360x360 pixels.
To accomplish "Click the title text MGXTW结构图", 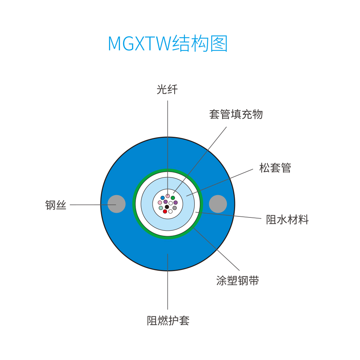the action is pyautogui.click(x=168, y=44).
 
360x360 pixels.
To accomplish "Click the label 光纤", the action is pyautogui.click(x=167, y=89).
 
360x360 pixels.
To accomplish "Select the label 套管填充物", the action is pyautogui.click(x=236, y=114).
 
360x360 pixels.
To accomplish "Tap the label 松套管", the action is pyautogui.click(x=275, y=168).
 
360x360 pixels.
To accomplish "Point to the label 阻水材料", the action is pyautogui.click(x=287, y=220).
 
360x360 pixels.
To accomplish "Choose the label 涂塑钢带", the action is pyautogui.click(x=238, y=280).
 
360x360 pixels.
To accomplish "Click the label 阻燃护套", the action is pyautogui.click(x=168, y=320).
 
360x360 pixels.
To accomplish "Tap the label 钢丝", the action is pyautogui.click(x=56, y=205).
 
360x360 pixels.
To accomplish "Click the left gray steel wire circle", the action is pyautogui.click(x=117, y=204).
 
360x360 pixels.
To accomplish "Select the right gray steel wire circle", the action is pyautogui.click(x=218, y=204).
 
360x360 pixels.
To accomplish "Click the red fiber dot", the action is pyautogui.click(x=165, y=211).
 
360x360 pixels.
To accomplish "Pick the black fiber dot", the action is pyautogui.click(x=167, y=207).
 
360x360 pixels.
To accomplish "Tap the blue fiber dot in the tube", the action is pyautogui.click(x=163, y=198).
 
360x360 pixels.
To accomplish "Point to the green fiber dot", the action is pyautogui.click(x=173, y=198).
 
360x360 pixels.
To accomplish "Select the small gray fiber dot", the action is pyautogui.click(x=175, y=208).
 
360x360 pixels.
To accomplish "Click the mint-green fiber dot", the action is pyautogui.click(x=161, y=208).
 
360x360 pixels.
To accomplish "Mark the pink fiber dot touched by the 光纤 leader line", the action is pyautogui.click(x=168, y=196).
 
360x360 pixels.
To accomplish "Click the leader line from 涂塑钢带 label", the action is pyautogui.click(x=216, y=249).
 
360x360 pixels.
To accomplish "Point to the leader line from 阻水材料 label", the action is pyautogui.click(x=229, y=215).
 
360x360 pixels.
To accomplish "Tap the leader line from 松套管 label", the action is pyautogui.click(x=220, y=183).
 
